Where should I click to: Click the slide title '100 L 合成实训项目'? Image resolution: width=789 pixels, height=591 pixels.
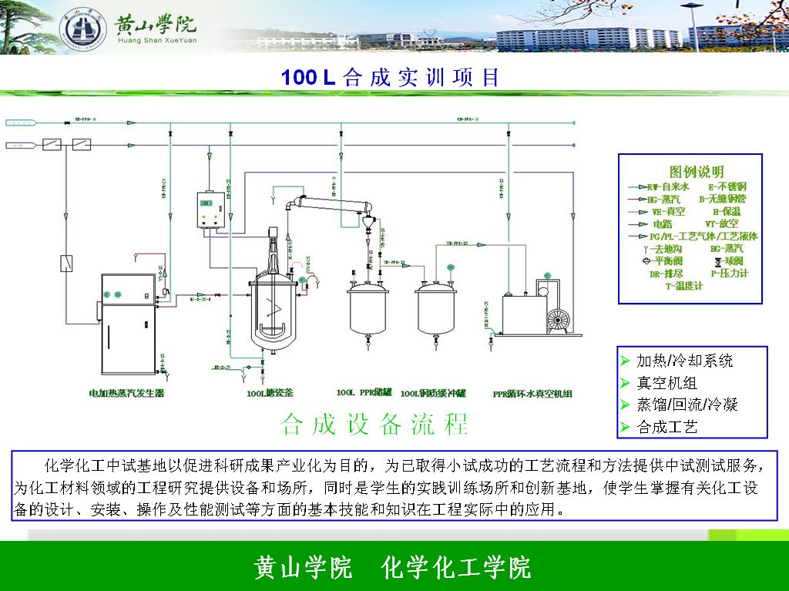click(390, 77)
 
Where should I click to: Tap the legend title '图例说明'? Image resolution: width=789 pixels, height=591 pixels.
click(690, 171)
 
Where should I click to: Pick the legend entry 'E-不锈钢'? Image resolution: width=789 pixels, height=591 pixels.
click(727, 186)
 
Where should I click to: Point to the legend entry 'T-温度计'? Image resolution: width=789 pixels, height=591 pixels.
click(683, 286)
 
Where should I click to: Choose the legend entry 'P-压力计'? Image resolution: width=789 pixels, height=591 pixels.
click(729, 273)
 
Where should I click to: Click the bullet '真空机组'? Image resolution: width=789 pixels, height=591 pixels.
click(667, 383)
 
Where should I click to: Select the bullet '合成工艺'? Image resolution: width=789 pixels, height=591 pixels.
click(667, 426)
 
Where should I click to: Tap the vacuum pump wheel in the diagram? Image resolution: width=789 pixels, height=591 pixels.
click(556, 320)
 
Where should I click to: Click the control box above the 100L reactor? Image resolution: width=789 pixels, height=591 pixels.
click(207, 210)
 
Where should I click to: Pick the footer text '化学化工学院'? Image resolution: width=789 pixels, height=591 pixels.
click(456, 568)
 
